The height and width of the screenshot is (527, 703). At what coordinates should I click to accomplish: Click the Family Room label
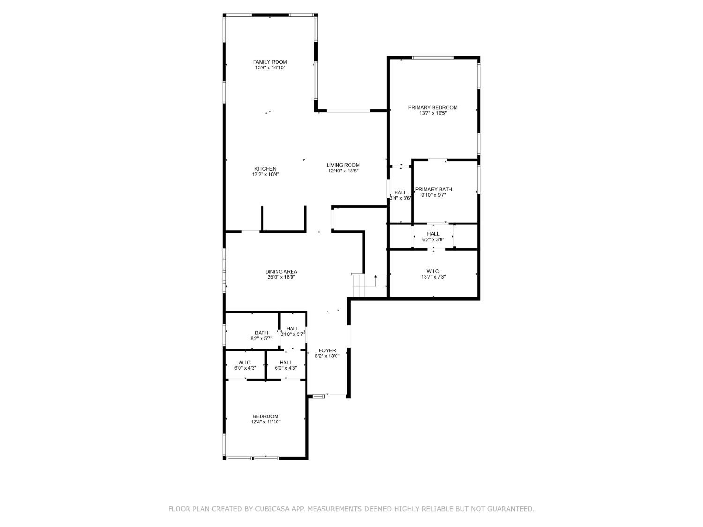coord(269,62)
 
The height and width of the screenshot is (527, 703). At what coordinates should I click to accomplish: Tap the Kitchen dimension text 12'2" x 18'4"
coord(265,175)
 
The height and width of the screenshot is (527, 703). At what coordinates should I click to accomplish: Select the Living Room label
coord(343,165)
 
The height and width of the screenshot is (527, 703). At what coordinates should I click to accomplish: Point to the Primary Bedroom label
coord(433,107)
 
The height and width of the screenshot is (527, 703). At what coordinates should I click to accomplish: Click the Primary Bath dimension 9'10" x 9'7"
coord(433,195)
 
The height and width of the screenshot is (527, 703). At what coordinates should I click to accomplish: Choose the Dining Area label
coord(281,271)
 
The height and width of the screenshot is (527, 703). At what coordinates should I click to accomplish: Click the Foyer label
coord(327,350)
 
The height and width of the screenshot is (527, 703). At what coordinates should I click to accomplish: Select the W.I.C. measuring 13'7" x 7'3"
coord(433,274)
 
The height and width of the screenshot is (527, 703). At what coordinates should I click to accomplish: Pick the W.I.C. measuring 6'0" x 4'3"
coord(245,365)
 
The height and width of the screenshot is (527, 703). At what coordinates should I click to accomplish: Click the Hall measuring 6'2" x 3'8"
coord(433,237)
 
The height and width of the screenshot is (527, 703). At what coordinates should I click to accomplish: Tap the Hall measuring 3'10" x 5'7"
coord(292,331)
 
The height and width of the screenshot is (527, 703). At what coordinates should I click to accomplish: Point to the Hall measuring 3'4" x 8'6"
coord(400,195)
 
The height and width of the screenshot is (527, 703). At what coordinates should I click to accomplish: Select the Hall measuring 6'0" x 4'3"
coord(285,365)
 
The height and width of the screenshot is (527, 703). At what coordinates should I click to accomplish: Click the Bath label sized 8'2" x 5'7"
coord(262,335)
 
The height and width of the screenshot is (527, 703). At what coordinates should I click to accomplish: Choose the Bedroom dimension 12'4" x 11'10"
coord(265,422)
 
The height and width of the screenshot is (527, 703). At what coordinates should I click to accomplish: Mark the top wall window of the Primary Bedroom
coord(433,58)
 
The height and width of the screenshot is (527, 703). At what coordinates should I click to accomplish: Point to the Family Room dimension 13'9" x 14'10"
coord(270,68)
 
